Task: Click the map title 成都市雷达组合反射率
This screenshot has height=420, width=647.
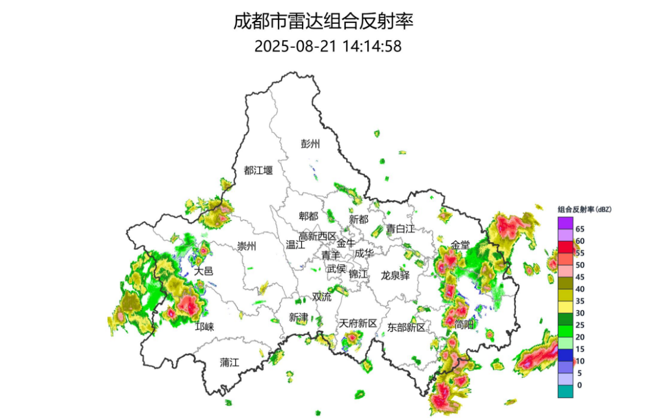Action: tap(323, 22)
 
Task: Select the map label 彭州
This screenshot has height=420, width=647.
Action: tap(310, 144)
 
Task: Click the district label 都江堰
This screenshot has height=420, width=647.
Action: tap(258, 170)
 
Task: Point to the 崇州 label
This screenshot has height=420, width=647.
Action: tap(246, 246)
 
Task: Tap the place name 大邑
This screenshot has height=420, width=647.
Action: tap(204, 271)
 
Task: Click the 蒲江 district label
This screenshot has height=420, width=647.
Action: tap(229, 362)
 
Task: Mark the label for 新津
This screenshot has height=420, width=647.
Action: tap(298, 317)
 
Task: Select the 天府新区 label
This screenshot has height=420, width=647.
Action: tap(358, 324)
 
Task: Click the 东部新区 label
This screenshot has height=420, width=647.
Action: tap(406, 327)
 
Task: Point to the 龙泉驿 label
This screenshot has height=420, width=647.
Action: tap(395, 275)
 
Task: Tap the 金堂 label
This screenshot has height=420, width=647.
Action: tap(460, 245)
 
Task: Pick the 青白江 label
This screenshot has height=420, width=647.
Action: tap(400, 228)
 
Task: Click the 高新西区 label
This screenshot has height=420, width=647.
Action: tap(318, 236)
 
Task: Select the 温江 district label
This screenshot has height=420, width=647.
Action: tap(295, 244)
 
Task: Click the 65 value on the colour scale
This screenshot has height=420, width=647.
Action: tap(580, 229)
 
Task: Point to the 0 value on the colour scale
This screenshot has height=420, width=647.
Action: tap(578, 385)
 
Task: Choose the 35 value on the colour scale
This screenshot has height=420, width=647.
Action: tap(580, 301)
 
